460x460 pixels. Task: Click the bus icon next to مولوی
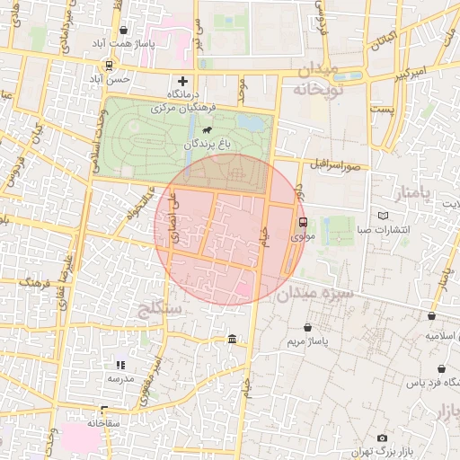[301, 222]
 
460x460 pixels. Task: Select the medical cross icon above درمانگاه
[183, 81]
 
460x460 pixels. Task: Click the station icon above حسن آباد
[108, 66]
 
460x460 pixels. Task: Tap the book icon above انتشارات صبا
[385, 216]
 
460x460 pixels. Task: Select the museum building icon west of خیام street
[233, 339]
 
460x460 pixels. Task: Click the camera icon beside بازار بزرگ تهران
[383, 438]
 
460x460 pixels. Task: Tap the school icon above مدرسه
[120, 365]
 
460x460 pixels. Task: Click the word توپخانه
[312, 90]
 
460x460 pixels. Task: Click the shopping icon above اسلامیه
[432, 315]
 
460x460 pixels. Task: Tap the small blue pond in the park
[254, 121]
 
